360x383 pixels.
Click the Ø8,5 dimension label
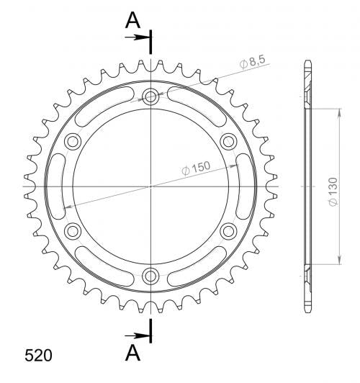tap(252, 63)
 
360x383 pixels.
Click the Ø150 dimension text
tap(196, 168)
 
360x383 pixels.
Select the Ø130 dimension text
tap(333, 191)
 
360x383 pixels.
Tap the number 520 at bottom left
tap(38, 355)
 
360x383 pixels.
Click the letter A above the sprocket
tap(132, 20)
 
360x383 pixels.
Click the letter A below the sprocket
tap(132, 353)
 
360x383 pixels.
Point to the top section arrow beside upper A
tap(137, 37)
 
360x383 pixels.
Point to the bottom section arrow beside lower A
tap(137, 336)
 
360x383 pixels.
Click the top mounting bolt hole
tap(150, 96)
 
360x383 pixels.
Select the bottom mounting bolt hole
tap(150, 276)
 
